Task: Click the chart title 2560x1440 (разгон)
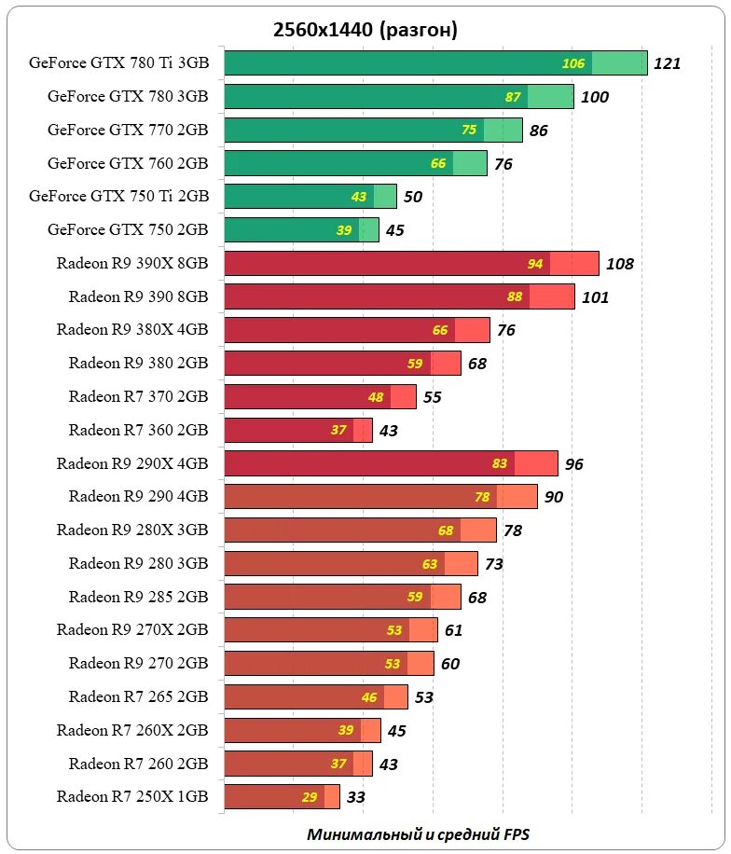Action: [x=365, y=31]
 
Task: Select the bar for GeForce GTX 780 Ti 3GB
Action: [x=435, y=63]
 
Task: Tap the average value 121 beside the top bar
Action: [x=668, y=64]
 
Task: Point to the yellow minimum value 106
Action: [x=573, y=64]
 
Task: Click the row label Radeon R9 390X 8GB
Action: [x=132, y=264]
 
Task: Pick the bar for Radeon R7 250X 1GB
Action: [x=282, y=797]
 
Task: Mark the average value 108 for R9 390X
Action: [x=619, y=264]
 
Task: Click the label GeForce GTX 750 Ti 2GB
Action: [x=119, y=197]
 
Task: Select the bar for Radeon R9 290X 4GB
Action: [x=391, y=463]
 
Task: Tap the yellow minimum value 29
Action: [x=310, y=797]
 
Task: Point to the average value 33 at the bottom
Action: [x=355, y=797]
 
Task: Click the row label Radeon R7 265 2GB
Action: [x=138, y=696]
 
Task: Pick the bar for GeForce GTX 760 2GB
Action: [x=355, y=163]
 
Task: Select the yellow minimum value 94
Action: [x=535, y=264]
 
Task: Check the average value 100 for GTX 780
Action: [x=594, y=97]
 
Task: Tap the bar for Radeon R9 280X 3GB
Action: [x=360, y=530]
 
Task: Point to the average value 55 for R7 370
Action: [x=432, y=397]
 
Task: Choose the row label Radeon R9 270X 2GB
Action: [x=132, y=630]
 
